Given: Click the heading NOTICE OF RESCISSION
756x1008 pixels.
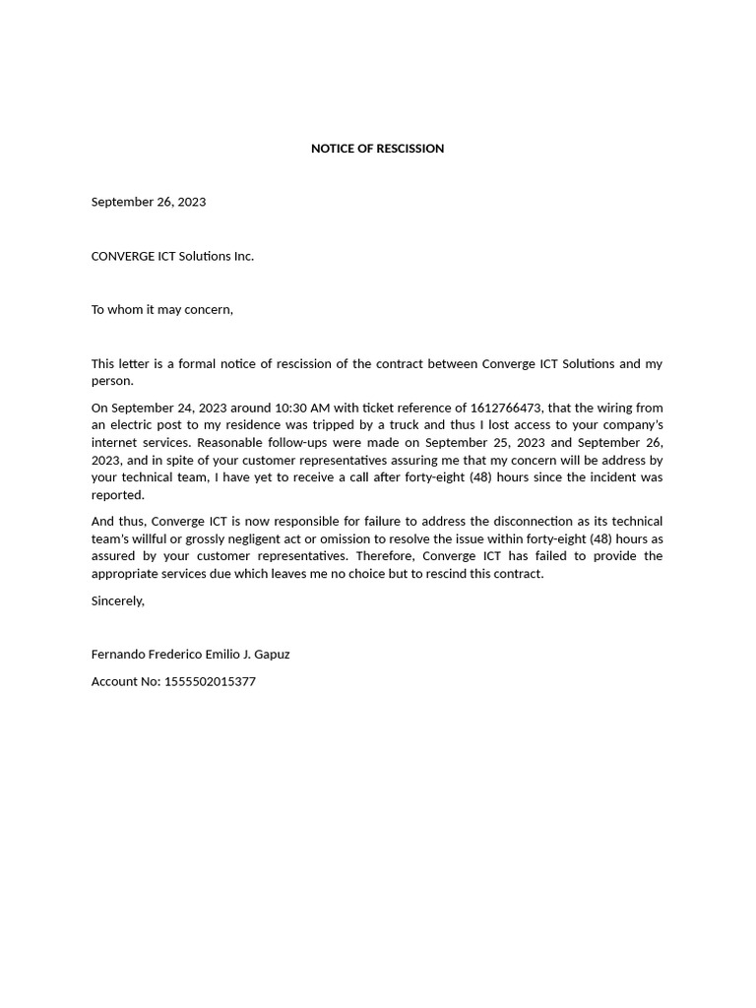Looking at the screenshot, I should (x=377, y=149).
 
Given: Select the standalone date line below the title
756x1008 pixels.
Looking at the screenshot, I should (x=149, y=202).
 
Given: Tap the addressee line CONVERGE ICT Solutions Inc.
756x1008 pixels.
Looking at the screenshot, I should (x=172, y=256).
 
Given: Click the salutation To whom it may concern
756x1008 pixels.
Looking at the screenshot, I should (x=161, y=310).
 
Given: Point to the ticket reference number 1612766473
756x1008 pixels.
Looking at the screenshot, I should (x=506, y=408).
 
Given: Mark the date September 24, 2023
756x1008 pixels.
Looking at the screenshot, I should (x=169, y=408).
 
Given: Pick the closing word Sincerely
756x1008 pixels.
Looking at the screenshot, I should (x=117, y=600).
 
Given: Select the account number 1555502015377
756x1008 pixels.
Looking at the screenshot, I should (x=210, y=681).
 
